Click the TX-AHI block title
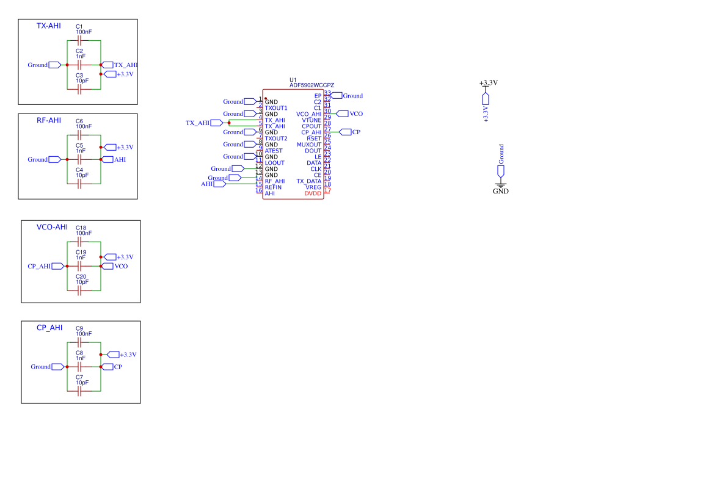coord(49,26)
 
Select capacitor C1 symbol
coord(79,41)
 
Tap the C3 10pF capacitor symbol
coord(79,89)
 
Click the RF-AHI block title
coord(49,120)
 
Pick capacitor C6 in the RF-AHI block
coord(79,135)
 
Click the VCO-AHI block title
coord(52,227)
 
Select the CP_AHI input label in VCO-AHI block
coord(39,266)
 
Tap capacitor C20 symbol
coord(79,290)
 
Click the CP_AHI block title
coord(49,328)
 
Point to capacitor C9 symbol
coord(79,343)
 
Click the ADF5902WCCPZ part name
coord(311,85)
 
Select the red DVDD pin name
coord(313,193)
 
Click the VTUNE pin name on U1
coord(311,120)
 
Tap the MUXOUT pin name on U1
coord(309,145)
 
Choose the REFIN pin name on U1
coord(273,187)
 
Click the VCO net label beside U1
coord(356,114)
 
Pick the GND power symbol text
coord(501,191)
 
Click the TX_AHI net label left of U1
coord(197,123)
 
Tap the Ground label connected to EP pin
coord(352,96)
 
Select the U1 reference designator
coord(293,80)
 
